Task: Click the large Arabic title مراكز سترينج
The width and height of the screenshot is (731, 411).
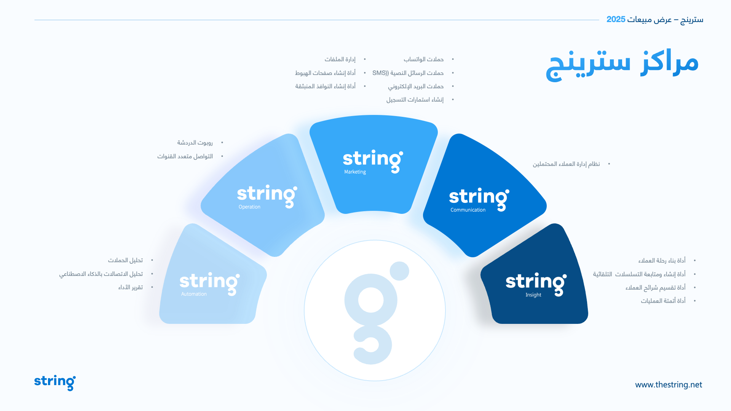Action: [622, 65]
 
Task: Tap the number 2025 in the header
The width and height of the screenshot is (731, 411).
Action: [616, 19]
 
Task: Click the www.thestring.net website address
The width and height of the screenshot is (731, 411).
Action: [669, 385]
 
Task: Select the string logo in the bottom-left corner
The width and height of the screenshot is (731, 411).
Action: [55, 382]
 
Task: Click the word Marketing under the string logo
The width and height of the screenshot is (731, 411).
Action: [355, 172]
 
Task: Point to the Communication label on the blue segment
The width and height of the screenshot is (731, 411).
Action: [468, 210]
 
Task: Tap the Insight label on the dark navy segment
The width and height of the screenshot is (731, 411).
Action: [533, 295]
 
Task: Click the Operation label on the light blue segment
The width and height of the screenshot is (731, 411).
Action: [249, 207]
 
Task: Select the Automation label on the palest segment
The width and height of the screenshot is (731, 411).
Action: [194, 294]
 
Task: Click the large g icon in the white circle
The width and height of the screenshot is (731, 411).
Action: [373, 312]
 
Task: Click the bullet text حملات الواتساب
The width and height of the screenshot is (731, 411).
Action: [423, 59]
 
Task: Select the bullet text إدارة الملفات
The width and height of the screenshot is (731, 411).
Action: [340, 59]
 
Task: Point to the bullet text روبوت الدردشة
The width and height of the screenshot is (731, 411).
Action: [195, 143]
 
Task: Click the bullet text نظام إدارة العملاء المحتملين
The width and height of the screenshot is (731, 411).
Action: [566, 164]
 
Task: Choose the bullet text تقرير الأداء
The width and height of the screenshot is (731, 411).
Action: [131, 287]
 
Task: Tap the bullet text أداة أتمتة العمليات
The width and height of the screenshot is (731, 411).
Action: [663, 301]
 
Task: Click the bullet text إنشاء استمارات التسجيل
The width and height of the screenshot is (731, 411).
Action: [415, 100]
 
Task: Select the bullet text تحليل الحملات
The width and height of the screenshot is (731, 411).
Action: [125, 260]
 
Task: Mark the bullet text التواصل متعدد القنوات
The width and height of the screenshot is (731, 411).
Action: [185, 156]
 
